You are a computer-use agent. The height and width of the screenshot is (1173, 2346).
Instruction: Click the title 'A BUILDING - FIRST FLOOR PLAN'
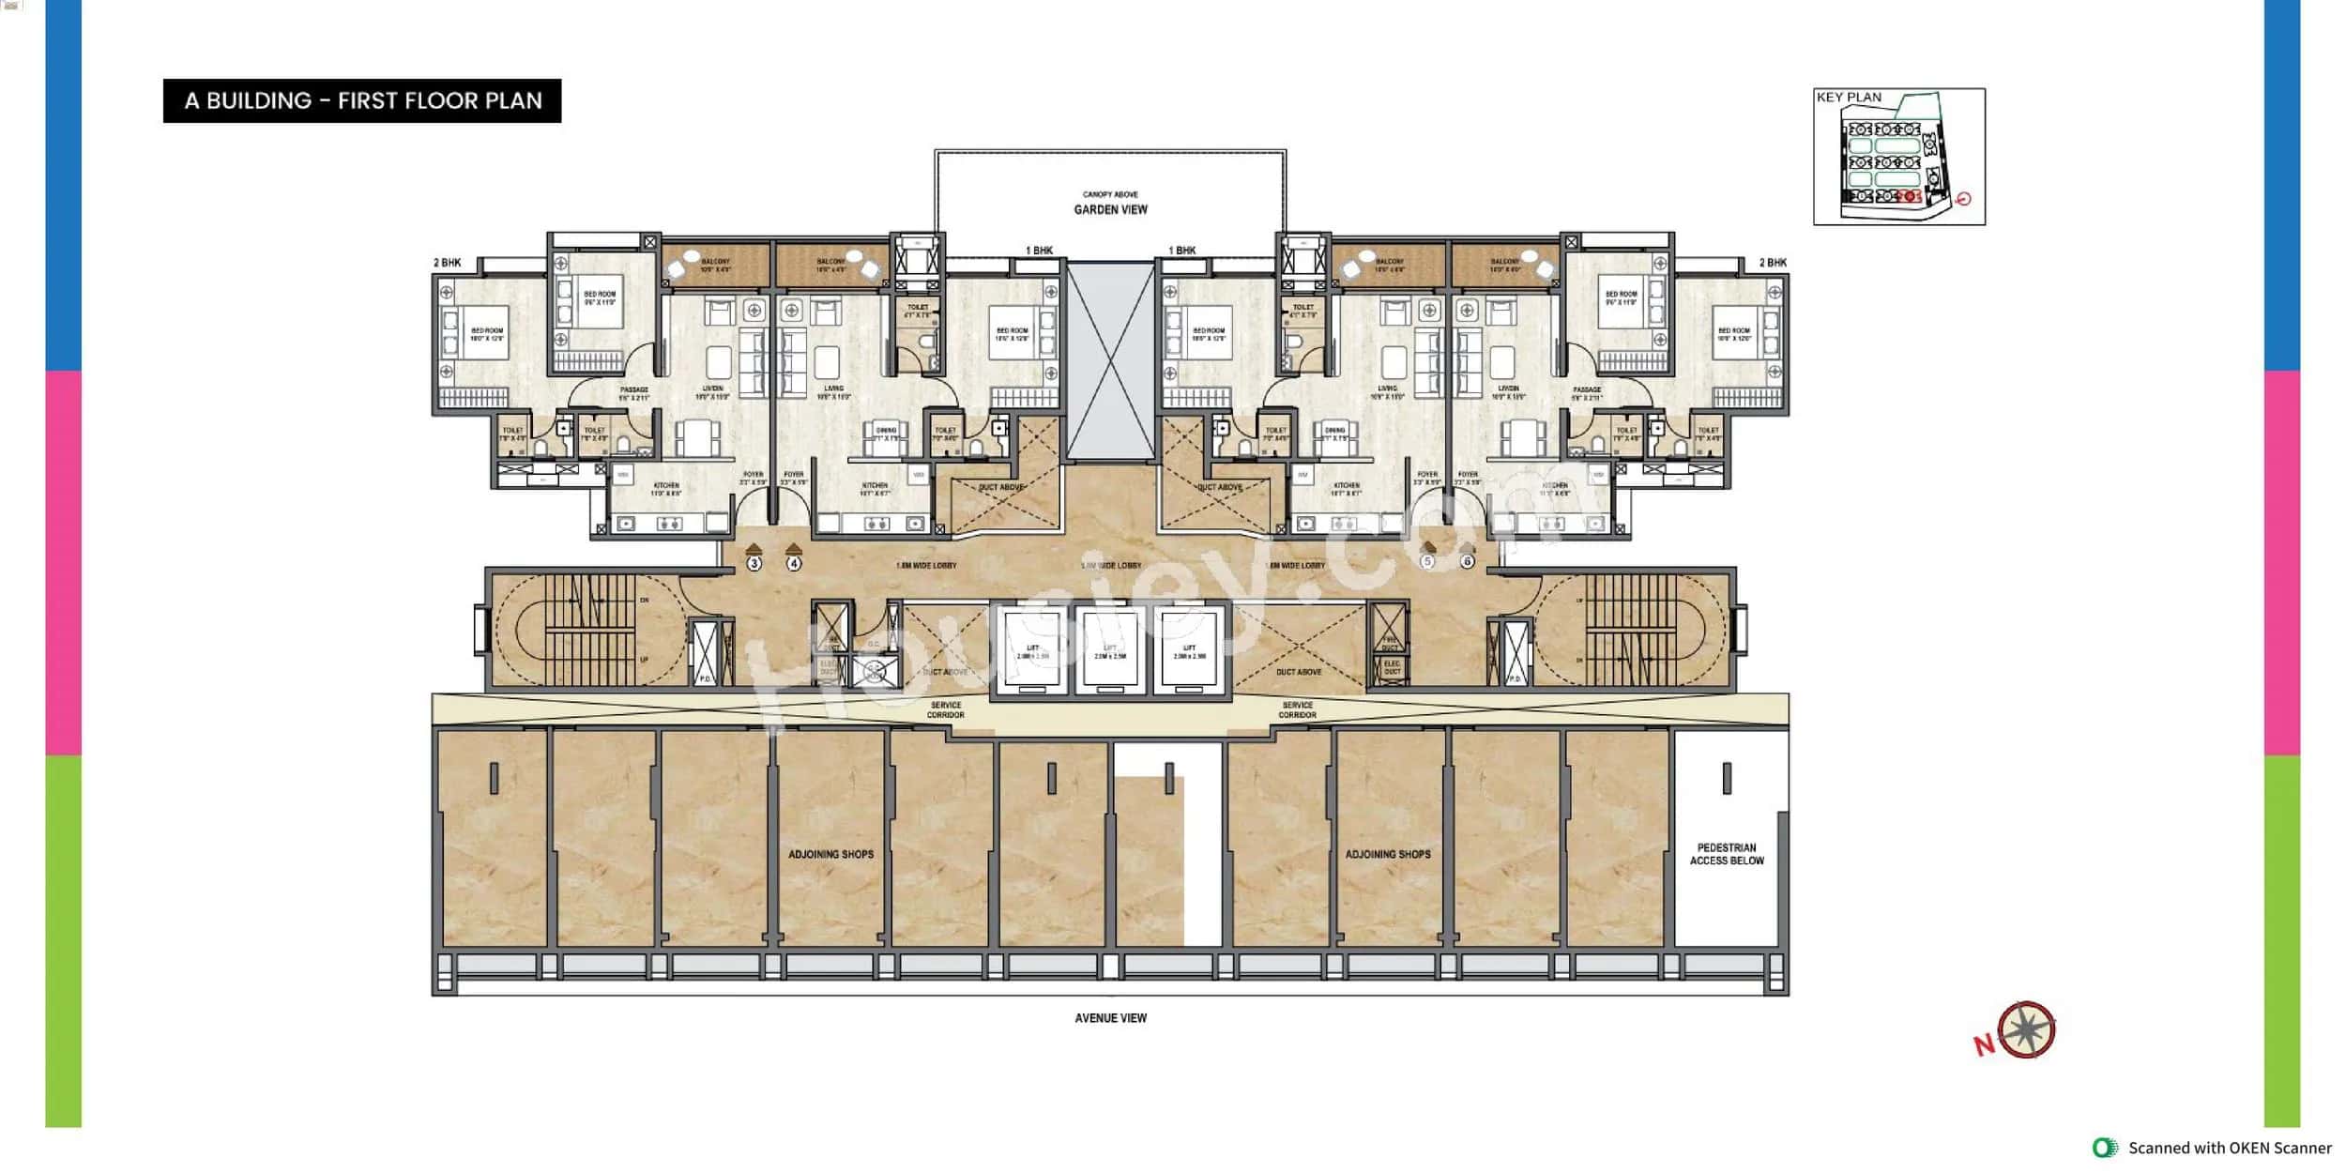click(x=362, y=100)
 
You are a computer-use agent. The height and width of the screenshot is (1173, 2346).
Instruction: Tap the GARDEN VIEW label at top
click(x=1110, y=210)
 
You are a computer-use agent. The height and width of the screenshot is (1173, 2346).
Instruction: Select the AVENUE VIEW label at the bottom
click(x=1110, y=1018)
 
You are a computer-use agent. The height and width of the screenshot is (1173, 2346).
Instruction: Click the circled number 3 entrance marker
click(x=754, y=563)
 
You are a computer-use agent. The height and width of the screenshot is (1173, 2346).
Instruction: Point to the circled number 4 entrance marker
click(x=794, y=563)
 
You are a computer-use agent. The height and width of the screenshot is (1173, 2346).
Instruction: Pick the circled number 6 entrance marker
click(x=1467, y=561)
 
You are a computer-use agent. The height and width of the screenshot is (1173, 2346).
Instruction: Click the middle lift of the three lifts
click(x=1110, y=650)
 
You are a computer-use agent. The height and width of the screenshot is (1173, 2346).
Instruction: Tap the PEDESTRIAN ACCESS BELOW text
click(x=1727, y=854)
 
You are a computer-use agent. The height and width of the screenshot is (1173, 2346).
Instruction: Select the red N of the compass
click(x=1984, y=1044)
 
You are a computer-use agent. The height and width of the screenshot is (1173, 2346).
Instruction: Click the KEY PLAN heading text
click(x=1849, y=98)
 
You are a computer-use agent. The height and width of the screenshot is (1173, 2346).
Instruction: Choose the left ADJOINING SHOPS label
click(x=830, y=855)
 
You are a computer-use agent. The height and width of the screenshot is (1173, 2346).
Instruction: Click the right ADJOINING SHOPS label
click(x=1388, y=855)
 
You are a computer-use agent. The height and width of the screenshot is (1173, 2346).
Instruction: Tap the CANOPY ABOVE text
click(x=1110, y=194)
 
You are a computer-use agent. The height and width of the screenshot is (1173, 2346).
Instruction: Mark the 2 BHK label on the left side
click(x=448, y=263)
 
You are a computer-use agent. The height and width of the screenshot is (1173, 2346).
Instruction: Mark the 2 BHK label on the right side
click(x=1773, y=263)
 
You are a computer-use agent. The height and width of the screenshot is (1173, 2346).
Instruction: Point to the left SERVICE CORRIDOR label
click(x=945, y=710)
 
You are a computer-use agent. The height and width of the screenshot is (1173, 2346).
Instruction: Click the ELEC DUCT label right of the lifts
click(x=1392, y=667)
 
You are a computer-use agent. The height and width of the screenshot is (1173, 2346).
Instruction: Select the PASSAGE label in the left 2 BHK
click(x=634, y=393)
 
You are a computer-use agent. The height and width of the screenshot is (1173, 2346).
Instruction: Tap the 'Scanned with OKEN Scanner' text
click(x=2229, y=1148)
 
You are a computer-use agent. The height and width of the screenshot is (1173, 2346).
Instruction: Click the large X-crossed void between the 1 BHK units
click(x=1110, y=362)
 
